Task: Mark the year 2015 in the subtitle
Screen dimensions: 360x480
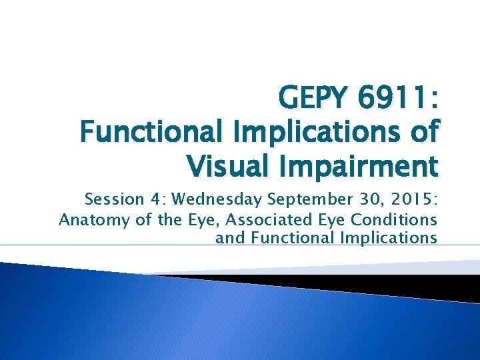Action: (x=409, y=199)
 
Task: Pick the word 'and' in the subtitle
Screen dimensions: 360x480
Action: (x=230, y=238)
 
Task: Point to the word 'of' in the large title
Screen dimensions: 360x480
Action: (x=423, y=132)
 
